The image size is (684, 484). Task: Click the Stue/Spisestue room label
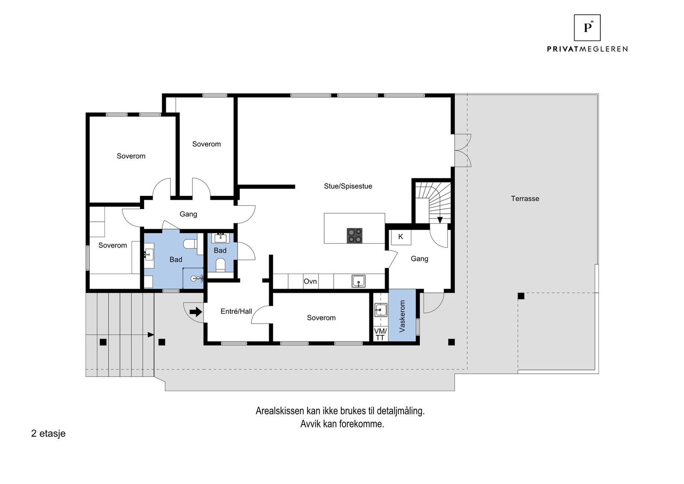tap(348, 186)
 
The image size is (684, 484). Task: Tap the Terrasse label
tap(525, 198)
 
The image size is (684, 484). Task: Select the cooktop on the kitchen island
tap(354, 236)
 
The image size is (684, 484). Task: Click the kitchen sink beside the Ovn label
tap(358, 281)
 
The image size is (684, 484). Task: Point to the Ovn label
tap(310, 281)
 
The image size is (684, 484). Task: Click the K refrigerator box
tap(401, 237)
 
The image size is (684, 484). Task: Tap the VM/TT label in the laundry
tap(380, 334)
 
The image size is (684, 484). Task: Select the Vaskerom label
tap(402, 316)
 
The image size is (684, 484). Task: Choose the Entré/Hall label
tap(236, 311)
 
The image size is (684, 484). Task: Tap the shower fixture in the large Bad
tap(197, 278)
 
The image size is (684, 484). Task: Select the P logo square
tap(587, 27)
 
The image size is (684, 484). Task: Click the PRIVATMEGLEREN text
tap(587, 49)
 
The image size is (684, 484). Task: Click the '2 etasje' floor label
tap(48, 434)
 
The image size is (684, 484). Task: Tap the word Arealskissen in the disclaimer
tap(280, 411)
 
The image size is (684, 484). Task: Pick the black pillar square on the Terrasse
tap(521, 296)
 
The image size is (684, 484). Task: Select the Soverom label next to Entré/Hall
tap(321, 318)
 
